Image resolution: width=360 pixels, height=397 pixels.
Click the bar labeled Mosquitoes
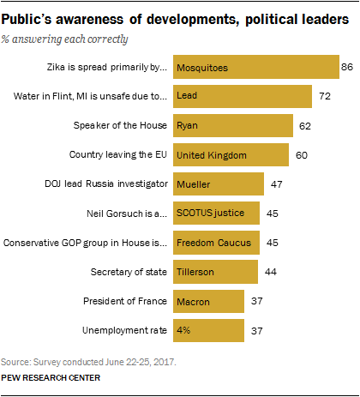click(255, 67)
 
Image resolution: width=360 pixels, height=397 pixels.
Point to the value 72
click(323, 96)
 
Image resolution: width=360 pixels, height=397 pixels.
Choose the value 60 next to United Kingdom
click(300, 155)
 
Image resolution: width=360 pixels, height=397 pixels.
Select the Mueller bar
click(218, 184)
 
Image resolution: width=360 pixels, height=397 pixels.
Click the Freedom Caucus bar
click(215, 244)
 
